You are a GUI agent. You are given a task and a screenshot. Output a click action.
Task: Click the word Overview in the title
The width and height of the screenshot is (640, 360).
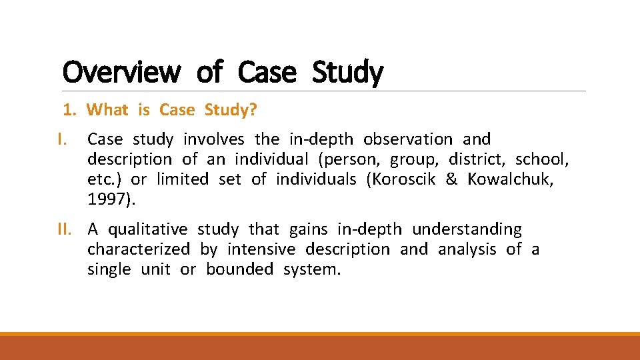click(121, 72)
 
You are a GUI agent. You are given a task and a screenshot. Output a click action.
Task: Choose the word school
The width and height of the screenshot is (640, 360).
click(541, 159)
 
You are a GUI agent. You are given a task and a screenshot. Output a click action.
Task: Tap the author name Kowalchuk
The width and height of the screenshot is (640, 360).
click(510, 179)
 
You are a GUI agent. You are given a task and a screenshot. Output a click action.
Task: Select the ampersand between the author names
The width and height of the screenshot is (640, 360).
click(451, 179)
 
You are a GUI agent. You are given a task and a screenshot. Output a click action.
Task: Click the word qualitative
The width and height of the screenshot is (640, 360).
click(148, 229)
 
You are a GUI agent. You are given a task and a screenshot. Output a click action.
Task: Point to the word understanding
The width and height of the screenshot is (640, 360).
click(467, 229)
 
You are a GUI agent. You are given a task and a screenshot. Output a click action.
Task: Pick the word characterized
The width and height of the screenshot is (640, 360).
click(139, 249)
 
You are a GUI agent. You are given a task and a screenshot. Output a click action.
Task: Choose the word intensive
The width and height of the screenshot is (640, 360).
click(261, 249)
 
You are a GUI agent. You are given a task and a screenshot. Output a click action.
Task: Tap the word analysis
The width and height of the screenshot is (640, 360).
click(467, 249)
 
